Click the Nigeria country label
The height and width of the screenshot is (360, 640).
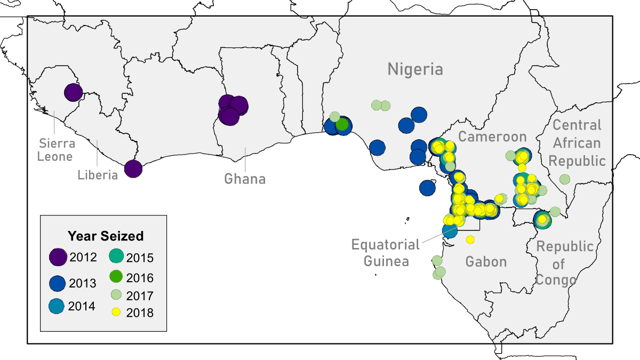[415, 69]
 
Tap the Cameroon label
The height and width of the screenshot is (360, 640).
[492, 137]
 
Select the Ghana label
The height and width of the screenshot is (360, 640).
[245, 179]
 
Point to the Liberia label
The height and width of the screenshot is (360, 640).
[97, 174]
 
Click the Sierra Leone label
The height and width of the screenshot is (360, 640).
[55, 150]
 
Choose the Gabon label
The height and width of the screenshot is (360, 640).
[486, 261]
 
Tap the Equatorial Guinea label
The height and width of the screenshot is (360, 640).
[386, 253]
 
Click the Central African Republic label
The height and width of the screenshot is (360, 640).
[577, 143]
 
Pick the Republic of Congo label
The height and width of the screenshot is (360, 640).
[557, 263]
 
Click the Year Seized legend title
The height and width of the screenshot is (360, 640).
[105, 236]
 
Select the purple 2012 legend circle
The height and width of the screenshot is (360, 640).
[58, 257]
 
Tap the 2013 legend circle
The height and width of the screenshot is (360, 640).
[58, 283]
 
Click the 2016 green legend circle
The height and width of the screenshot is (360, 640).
[116, 277]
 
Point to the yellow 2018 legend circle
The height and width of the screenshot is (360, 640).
[116, 312]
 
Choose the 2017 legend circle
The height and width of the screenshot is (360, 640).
[116, 295]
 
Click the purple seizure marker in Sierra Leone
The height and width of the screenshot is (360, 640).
[73, 92]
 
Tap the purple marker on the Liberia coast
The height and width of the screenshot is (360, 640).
[133, 169]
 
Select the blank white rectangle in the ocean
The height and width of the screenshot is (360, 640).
[274, 219]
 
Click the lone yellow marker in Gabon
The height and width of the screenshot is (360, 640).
[470, 239]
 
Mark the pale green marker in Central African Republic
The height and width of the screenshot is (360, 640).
[564, 179]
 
